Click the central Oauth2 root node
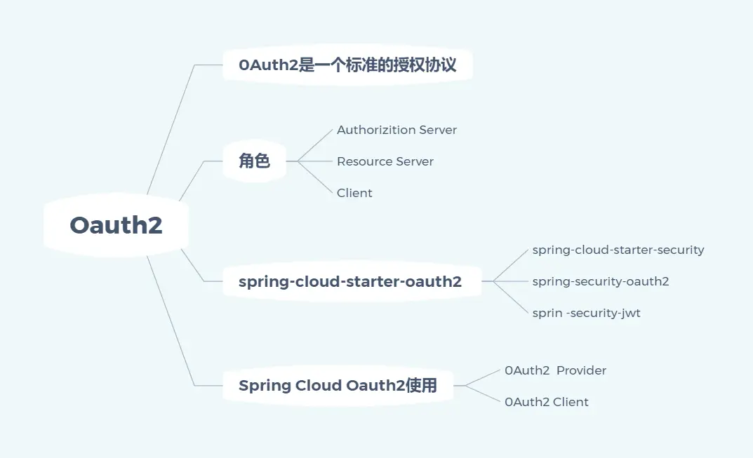click(116, 225)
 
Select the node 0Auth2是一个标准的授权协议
click(347, 65)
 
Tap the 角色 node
click(254, 161)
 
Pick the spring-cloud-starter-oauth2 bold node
click(350, 282)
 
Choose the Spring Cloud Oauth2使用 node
click(338, 386)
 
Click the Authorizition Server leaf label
click(397, 130)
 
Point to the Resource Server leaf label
click(385, 161)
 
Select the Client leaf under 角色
click(354, 193)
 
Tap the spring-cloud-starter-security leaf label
click(618, 250)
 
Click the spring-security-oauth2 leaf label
click(600, 281)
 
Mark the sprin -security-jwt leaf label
click(586, 313)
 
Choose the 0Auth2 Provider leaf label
click(555, 370)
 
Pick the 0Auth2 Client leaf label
click(546, 402)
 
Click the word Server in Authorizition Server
click(437, 130)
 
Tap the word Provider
click(581, 370)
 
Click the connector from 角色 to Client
click(316, 177)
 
